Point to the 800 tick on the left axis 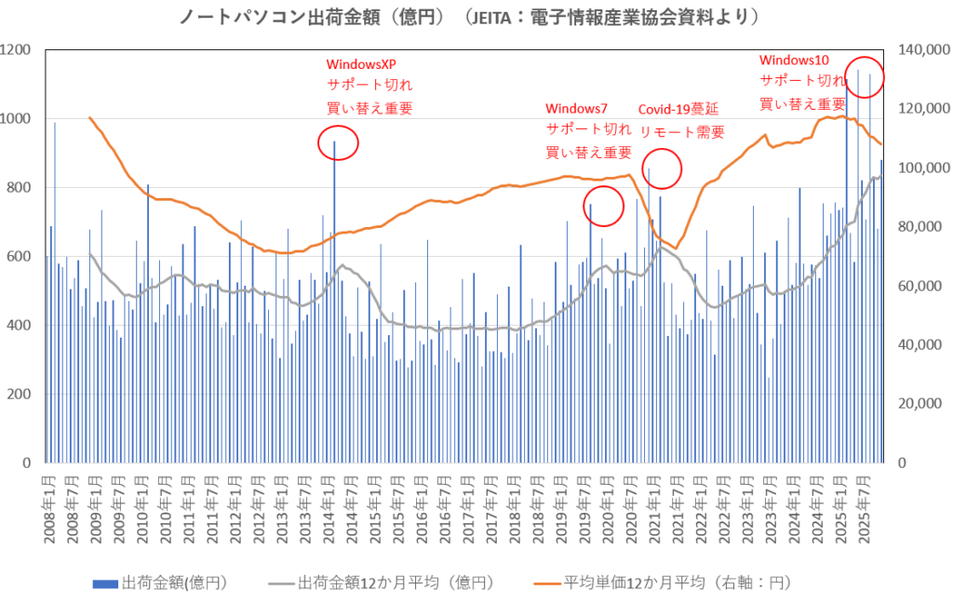(20, 187)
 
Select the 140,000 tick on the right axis (920, 49)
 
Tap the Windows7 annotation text (577, 109)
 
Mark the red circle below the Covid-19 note (663, 169)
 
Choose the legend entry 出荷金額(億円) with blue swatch (160, 583)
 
